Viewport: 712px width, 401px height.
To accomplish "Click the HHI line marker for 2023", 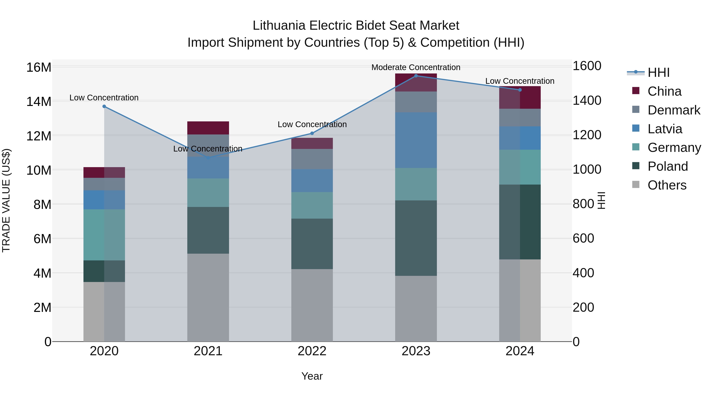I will [x=416, y=76].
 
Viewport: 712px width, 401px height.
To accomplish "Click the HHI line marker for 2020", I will [x=104, y=106].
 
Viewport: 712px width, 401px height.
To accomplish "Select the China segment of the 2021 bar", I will [x=208, y=128].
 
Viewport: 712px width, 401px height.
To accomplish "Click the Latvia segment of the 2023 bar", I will [x=416, y=140].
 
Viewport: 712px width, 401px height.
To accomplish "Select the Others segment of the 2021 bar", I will [x=208, y=297].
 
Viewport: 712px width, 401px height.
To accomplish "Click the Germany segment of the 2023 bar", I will [x=416, y=184].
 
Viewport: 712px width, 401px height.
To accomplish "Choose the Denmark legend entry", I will [x=674, y=110].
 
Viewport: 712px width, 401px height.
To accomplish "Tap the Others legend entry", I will [x=667, y=185].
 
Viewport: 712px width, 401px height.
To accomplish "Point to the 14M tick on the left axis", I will [x=39, y=102].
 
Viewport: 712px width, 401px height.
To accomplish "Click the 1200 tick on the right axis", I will [x=587, y=135].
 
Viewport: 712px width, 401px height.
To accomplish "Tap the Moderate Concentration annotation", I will [x=416, y=67].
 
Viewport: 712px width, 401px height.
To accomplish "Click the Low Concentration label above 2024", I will [x=520, y=81].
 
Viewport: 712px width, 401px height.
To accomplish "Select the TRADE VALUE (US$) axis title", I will [x=6, y=200].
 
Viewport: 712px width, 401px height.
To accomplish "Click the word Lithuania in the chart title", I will [x=279, y=26].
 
